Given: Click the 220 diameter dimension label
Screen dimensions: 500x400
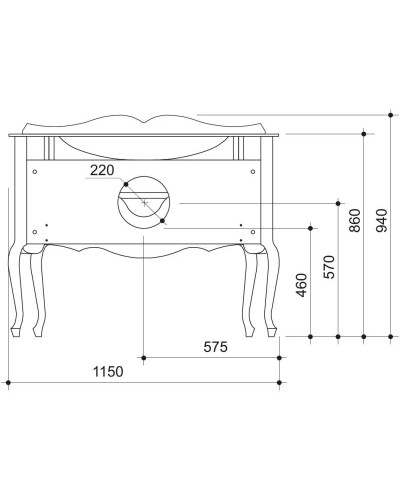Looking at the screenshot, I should point(103,170).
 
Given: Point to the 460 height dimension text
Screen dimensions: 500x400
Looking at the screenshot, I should point(301,291).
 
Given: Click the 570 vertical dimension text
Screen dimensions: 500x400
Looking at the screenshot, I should point(329,265).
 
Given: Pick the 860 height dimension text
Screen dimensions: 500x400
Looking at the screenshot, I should point(354,221).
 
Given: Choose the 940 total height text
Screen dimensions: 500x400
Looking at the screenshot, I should point(380,213).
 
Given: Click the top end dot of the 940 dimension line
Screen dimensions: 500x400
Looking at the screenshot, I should point(388,115).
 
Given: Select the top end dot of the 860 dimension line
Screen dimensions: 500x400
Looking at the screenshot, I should point(363,131).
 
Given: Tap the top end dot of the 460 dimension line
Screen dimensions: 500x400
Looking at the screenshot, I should point(312,226).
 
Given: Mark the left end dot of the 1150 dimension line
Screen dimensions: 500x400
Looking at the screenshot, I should point(8,381).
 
